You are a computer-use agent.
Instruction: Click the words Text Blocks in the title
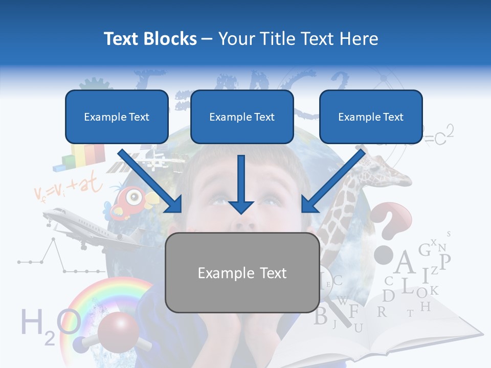150,39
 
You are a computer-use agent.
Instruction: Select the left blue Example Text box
117,117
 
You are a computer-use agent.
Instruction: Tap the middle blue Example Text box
242,117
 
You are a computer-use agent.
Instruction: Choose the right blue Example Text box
371,117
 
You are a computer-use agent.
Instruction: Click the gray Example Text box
242,273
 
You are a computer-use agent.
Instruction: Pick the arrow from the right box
332,181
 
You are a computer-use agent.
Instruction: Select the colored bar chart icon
82,156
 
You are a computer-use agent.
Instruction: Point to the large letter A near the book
405,263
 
